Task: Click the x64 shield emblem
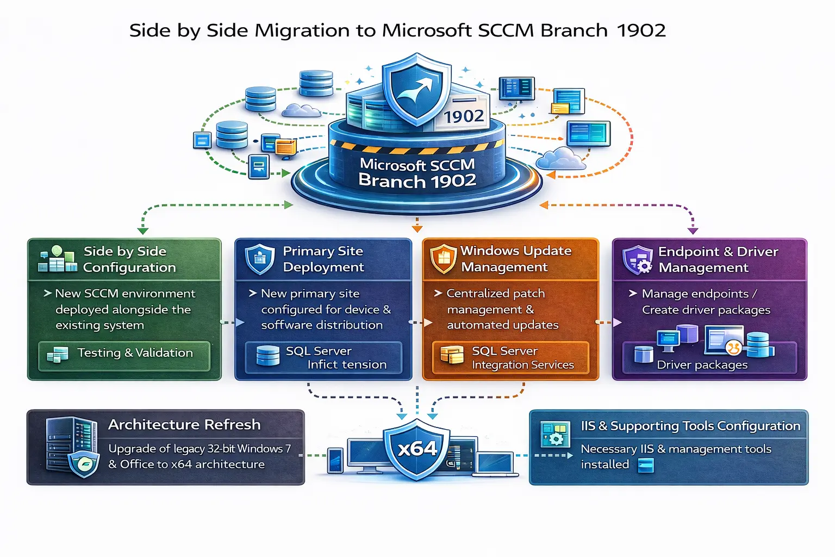coord(417,449)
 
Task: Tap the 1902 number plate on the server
coord(463,116)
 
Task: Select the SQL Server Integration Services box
coord(510,357)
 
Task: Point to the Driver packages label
coord(702,365)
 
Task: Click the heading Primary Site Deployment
coord(323,259)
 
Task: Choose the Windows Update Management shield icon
coord(443,258)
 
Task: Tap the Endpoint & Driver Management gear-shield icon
coord(638,259)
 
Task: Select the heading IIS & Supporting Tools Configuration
coord(690,426)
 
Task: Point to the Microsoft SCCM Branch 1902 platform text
coord(417,173)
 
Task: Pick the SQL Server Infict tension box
coord(323,357)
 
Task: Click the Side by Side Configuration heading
coord(129,259)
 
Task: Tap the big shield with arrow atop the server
coord(416,89)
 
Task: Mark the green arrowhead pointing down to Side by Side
coord(142,231)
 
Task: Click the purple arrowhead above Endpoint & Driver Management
coord(693,231)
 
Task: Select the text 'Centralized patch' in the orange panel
coord(495,294)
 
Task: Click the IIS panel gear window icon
coord(555,434)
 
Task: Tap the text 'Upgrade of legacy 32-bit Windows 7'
coord(200,449)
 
